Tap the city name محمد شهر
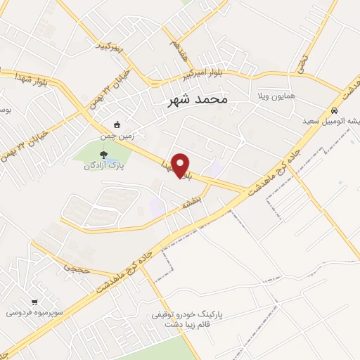[199, 101]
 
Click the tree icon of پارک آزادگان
[103, 155]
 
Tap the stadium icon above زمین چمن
[117, 125]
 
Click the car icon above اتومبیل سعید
[335, 110]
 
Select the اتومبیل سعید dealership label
[330, 121]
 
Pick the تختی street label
[303, 62]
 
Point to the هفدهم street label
[174, 48]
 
